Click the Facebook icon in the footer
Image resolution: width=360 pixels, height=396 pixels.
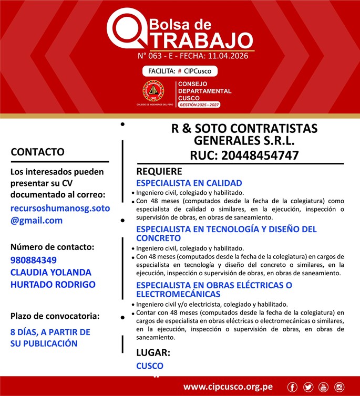[x=293, y=388]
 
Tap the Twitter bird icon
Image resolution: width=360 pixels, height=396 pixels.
[x=308, y=388]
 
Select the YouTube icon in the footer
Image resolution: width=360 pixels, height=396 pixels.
[x=323, y=388]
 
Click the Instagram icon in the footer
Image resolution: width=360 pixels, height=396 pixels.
[x=339, y=388]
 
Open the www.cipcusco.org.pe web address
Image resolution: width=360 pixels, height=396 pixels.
[x=228, y=387]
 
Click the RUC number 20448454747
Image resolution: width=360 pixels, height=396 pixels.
[x=260, y=155]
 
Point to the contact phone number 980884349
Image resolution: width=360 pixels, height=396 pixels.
[x=34, y=260]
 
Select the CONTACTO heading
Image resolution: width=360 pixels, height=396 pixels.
[x=37, y=152]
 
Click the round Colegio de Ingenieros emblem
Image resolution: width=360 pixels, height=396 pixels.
[x=153, y=91]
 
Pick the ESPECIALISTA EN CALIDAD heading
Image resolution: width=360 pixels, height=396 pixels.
[x=189, y=183]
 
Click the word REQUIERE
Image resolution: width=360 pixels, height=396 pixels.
[x=159, y=171]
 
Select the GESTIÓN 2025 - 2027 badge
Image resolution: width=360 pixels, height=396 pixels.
[x=199, y=105]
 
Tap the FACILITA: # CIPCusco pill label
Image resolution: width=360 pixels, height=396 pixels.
[x=180, y=71]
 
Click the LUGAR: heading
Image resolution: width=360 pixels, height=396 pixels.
[x=153, y=352]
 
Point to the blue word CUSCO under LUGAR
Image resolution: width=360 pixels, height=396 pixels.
[x=150, y=366]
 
